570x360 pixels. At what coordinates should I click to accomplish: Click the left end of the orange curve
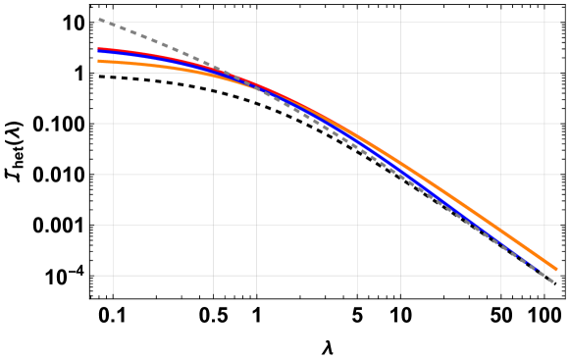pyautogui.click(x=98, y=61)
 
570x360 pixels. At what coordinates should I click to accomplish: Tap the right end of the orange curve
pyautogui.click(x=556, y=269)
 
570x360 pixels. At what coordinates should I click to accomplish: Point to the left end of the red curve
pyautogui.click(x=98, y=48)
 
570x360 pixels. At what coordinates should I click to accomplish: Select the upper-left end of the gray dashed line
pyautogui.click(x=98, y=19)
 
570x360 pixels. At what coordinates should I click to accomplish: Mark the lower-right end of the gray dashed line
pyautogui.click(x=556, y=283)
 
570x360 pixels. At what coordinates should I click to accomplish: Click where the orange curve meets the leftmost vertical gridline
pyautogui.click(x=113, y=62)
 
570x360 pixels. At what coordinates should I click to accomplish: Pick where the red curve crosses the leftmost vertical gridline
pyautogui.click(x=113, y=49)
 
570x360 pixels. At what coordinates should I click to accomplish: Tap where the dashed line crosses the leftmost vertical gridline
pyautogui.click(x=113, y=25)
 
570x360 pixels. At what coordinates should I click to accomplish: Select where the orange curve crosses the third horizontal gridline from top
pyautogui.click(x=332, y=124)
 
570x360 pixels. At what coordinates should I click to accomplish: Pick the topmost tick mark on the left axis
pyautogui.click(x=95, y=23)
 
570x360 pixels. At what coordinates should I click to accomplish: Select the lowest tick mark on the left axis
pyautogui.click(x=95, y=276)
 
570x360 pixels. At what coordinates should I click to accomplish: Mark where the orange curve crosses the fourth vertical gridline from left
pyautogui.click(x=357, y=138)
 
